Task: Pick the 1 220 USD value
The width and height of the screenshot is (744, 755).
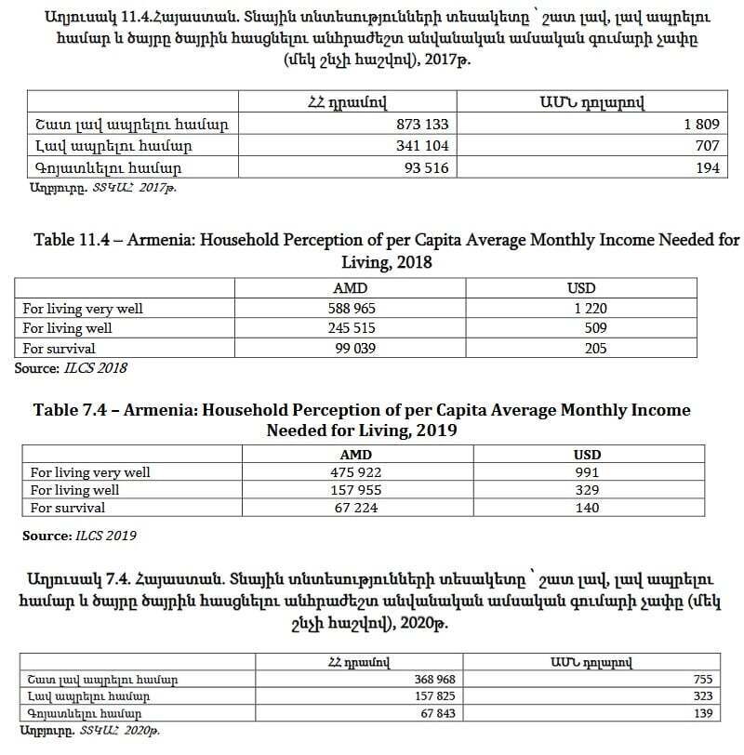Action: tap(588, 309)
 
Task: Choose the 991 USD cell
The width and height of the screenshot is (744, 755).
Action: tap(588, 472)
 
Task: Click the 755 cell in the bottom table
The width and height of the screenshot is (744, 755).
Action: tap(702, 680)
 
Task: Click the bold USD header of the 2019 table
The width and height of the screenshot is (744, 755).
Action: tap(588, 455)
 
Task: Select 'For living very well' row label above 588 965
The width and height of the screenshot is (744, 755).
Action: tap(83, 309)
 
